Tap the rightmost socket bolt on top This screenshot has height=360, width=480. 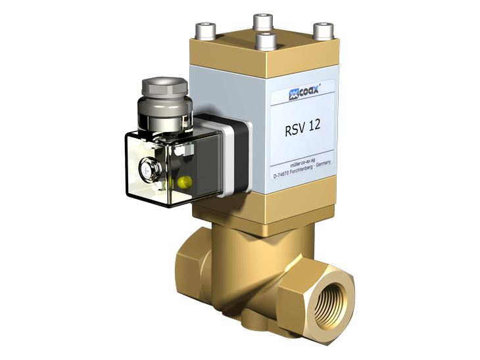(323, 31)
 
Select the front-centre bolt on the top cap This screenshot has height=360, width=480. (266, 41)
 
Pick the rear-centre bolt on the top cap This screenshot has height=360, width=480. (263, 22)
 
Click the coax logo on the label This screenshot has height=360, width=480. (304, 93)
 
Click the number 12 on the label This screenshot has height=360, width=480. (314, 125)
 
